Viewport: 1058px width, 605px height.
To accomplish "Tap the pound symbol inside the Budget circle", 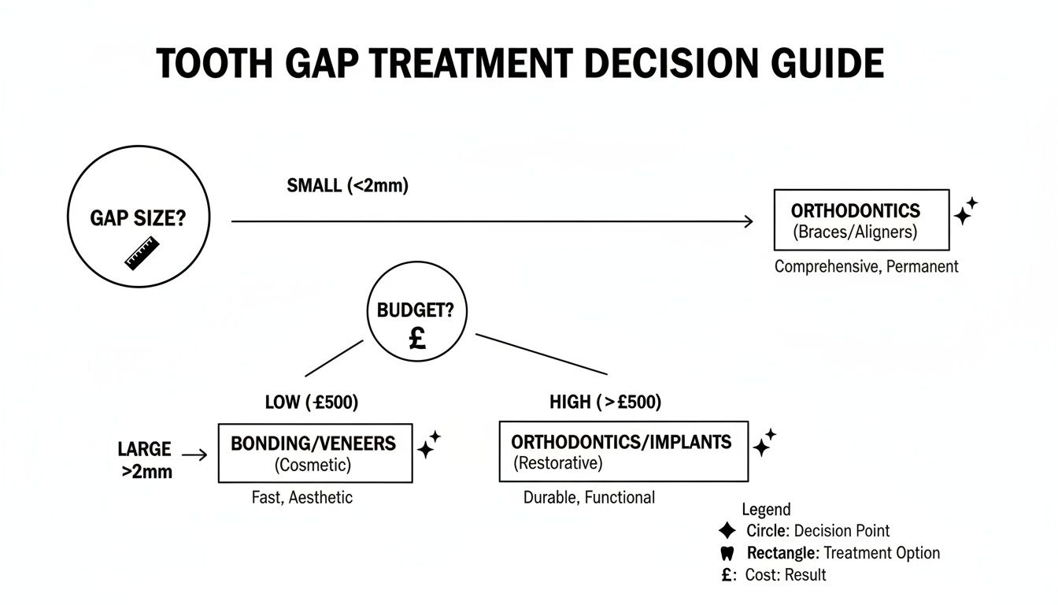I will pyautogui.click(x=417, y=339).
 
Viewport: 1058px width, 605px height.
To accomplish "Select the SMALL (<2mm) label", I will pyautogui.click(x=348, y=187).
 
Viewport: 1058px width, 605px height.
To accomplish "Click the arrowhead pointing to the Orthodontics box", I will pyautogui.click(x=747, y=223).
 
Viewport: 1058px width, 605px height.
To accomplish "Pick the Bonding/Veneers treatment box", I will pyautogui.click(x=314, y=453).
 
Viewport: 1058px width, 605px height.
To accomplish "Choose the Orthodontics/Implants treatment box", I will pyautogui.click(x=623, y=451).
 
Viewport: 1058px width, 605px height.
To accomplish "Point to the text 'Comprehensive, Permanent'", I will pyautogui.click(x=866, y=266).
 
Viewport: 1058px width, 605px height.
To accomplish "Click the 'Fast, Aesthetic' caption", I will pyautogui.click(x=302, y=497).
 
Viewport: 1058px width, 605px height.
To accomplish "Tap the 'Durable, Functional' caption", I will pyautogui.click(x=589, y=497).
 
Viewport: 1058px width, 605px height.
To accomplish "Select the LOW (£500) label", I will pyautogui.click(x=311, y=403).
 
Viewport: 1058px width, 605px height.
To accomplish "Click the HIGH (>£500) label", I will pyautogui.click(x=605, y=403).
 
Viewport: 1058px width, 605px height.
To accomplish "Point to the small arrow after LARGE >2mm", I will pyautogui.click(x=195, y=455).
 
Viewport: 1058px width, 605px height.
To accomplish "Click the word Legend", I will pyautogui.click(x=766, y=510).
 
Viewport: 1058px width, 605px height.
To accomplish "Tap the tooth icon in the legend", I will pyautogui.click(x=727, y=553).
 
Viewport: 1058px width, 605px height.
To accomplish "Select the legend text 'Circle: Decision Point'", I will pyautogui.click(x=818, y=531).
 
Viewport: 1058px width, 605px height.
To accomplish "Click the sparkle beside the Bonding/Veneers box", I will pyautogui.click(x=428, y=445).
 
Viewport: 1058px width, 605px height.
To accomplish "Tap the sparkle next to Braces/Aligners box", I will pyautogui.click(x=965, y=212).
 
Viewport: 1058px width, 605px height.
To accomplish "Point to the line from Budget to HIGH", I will pyautogui.click(x=542, y=354).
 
